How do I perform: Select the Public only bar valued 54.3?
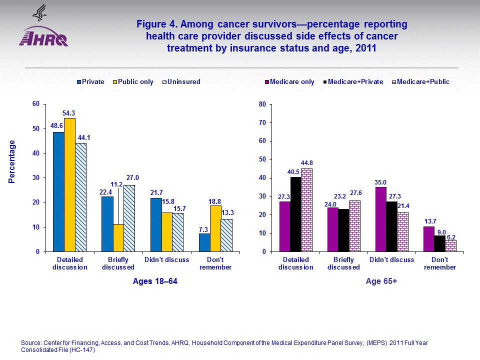click(69, 185)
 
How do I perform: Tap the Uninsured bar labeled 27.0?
click(128, 218)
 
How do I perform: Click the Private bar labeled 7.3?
click(204, 242)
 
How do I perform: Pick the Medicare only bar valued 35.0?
click(380, 219)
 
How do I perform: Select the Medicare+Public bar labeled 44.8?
click(306, 210)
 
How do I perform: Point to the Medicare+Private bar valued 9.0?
click(439, 243)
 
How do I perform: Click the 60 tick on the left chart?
click(35, 104)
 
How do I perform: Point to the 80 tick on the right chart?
click(261, 104)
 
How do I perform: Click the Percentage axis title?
click(12, 161)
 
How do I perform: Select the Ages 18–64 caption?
click(155, 281)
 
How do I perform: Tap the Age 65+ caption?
click(381, 281)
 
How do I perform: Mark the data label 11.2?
click(116, 184)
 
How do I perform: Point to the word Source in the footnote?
click(32, 343)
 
